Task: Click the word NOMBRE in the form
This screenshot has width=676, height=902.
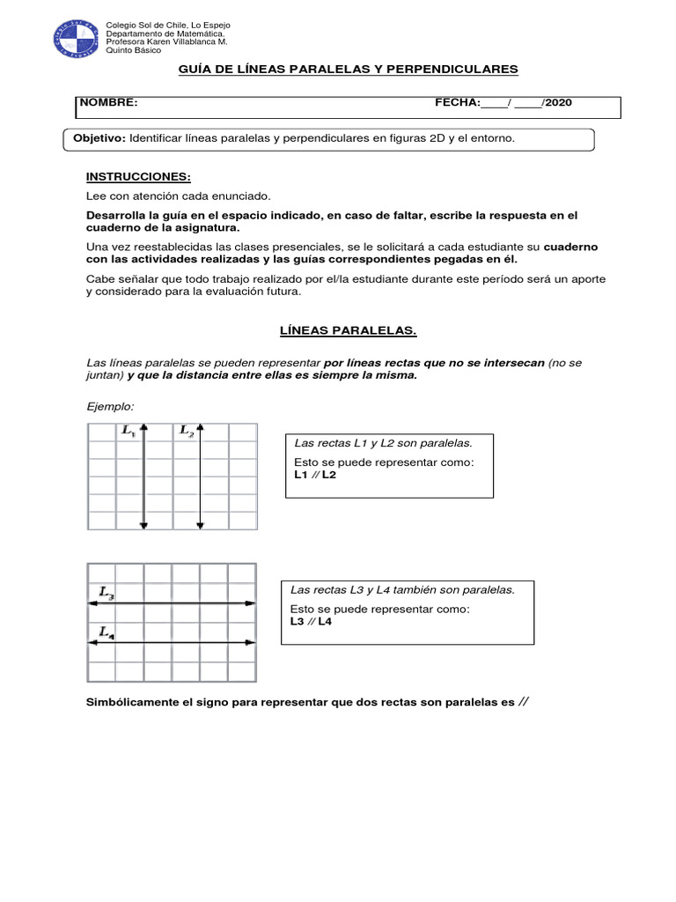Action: pyautogui.click(x=109, y=103)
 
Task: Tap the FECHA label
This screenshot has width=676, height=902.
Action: pyautogui.click(x=457, y=103)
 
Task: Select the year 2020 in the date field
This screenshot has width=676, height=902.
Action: pyautogui.click(x=558, y=103)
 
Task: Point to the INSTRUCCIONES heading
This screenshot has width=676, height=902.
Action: pyautogui.click(x=138, y=177)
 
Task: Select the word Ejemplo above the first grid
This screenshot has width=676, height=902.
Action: pyautogui.click(x=110, y=406)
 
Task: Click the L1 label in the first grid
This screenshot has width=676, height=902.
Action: pyautogui.click(x=129, y=431)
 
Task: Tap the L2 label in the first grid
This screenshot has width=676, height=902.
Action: pyautogui.click(x=187, y=431)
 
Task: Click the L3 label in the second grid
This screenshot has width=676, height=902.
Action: pyautogui.click(x=107, y=594)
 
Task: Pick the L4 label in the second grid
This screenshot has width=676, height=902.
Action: pyautogui.click(x=107, y=632)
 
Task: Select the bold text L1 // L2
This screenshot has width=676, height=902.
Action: pyautogui.click(x=314, y=474)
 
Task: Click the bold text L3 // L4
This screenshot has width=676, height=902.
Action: pyautogui.click(x=312, y=621)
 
